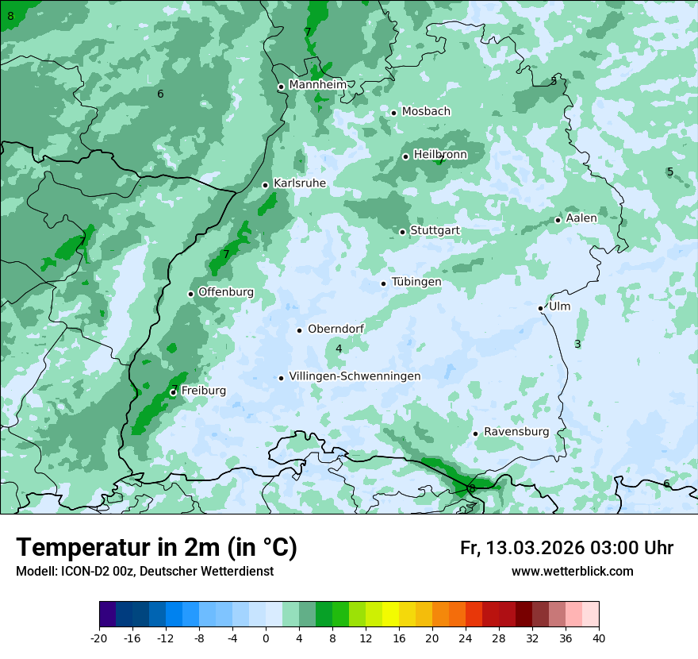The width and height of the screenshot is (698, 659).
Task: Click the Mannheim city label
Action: click(x=317, y=85)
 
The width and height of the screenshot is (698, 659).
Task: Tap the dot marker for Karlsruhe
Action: click(x=266, y=185)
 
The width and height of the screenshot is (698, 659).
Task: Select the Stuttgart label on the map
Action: click(x=435, y=231)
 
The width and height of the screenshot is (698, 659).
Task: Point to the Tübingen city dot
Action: click(x=384, y=283)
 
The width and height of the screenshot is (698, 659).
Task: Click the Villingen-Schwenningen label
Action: click(x=355, y=376)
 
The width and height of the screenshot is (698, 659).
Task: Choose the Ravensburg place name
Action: click(x=516, y=432)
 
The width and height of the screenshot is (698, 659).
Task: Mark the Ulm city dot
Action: click(x=541, y=308)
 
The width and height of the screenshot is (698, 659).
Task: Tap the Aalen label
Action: click(x=581, y=218)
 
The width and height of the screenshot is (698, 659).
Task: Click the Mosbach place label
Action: click(x=426, y=112)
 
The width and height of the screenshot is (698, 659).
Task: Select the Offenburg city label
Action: click(x=226, y=292)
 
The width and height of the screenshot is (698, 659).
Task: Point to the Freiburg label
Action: click(x=203, y=391)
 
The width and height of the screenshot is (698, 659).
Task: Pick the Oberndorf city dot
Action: click(x=299, y=330)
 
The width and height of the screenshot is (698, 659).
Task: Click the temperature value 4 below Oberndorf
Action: click(x=339, y=349)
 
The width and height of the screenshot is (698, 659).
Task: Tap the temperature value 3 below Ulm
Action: click(x=577, y=344)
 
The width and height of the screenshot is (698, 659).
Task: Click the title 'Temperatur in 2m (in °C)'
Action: click(x=156, y=547)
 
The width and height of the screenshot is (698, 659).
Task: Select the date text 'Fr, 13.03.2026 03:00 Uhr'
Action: click(x=566, y=548)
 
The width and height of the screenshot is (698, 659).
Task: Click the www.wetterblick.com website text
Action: click(x=572, y=571)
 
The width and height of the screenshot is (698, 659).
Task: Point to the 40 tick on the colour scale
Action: click(x=599, y=638)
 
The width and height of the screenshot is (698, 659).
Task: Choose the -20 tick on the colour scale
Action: click(x=99, y=638)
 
